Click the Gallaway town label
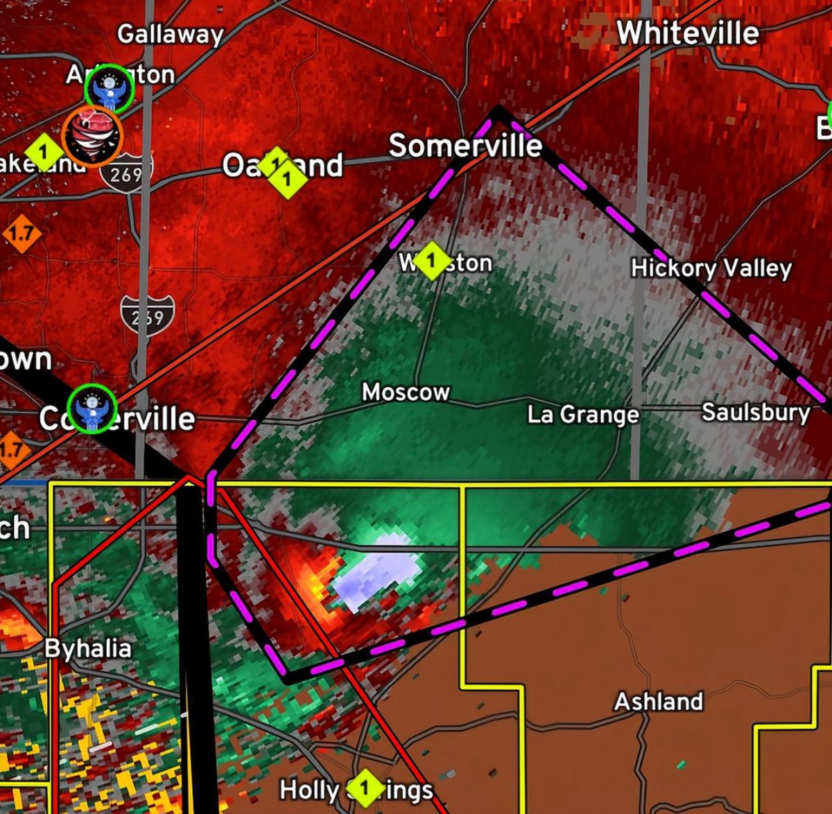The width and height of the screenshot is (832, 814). point(170,34)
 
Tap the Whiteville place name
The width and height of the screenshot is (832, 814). point(687,33)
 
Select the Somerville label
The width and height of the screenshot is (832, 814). point(465,146)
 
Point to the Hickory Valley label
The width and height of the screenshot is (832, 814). point(711,268)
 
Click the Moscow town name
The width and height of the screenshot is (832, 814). point(406,392)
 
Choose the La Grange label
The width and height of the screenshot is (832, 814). point(583,415)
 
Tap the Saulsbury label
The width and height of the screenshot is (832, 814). point(756,413)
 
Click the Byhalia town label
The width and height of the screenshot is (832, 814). point(88,649)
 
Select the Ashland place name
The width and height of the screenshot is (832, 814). point(659,702)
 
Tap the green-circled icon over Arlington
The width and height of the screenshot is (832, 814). point(109,89)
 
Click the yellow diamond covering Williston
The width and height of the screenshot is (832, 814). point(431,261)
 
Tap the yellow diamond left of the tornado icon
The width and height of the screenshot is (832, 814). point(44,150)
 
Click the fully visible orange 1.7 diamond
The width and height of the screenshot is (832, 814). point(21,233)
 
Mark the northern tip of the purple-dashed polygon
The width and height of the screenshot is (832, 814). point(499,109)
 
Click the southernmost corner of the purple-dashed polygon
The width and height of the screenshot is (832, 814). point(289,677)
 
